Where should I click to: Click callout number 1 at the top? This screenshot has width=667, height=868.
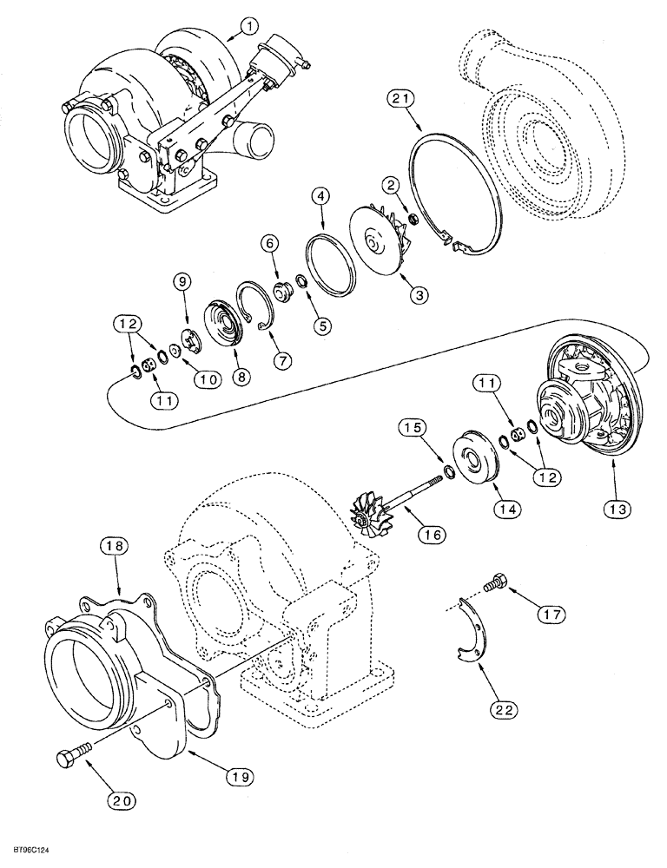(x=248, y=28)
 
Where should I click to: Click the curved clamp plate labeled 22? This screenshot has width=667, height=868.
(x=473, y=631)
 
